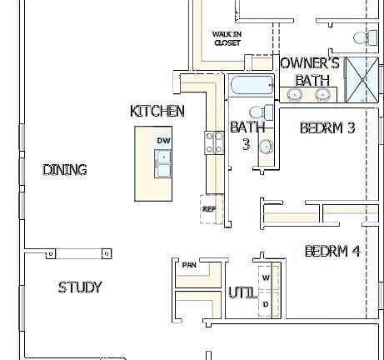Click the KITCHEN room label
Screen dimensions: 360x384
[x=157, y=112]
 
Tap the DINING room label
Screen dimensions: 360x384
[x=65, y=170]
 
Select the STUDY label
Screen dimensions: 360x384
[x=80, y=287]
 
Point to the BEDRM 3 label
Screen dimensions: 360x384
[x=327, y=128]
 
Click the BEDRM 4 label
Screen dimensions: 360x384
[x=332, y=251]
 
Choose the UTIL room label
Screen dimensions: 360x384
[x=241, y=292]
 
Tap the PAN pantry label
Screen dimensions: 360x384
[x=189, y=265]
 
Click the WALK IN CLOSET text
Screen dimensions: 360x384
[x=227, y=38]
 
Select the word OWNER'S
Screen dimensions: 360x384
[x=309, y=63]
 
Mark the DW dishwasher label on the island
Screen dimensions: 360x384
[x=162, y=141]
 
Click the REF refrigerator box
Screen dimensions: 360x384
[x=209, y=209]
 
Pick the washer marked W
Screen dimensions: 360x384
[x=267, y=276]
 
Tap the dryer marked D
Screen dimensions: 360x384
[x=267, y=304]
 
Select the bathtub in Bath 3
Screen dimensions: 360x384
[x=251, y=86]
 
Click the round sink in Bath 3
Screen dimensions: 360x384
[x=266, y=147]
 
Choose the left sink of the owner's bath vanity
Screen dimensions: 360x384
[x=295, y=94]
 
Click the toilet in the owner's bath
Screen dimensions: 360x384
[x=362, y=37]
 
